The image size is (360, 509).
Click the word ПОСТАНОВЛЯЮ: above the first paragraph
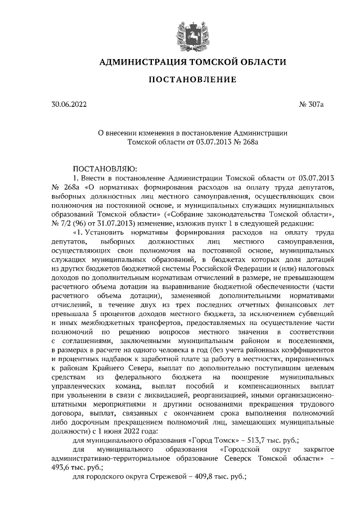pos(101,168)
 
